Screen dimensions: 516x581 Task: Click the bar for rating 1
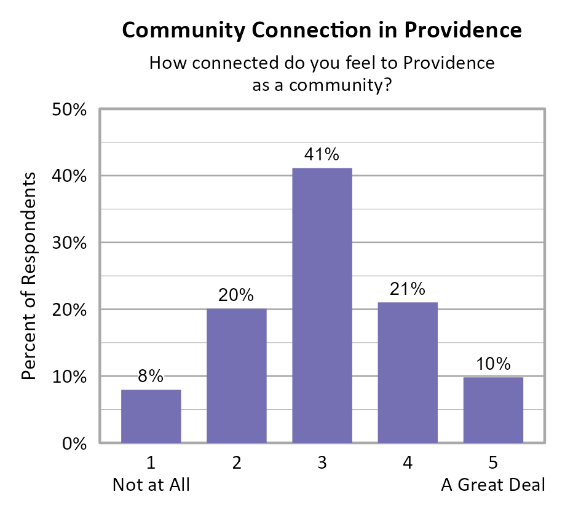[151, 416]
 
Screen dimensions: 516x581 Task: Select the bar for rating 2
[236, 375]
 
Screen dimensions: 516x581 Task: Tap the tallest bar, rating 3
[322, 305]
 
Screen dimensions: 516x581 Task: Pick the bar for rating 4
[408, 372]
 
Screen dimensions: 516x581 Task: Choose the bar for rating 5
[493, 410]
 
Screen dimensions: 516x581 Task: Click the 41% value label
[322, 155]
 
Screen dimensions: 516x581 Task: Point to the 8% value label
[151, 376]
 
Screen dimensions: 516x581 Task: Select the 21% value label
[408, 289]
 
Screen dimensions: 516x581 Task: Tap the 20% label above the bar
[236, 295]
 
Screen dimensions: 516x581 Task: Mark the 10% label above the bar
[493, 364]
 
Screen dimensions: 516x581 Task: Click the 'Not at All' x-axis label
[151, 485]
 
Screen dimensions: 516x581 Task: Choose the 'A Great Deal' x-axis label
[493, 485]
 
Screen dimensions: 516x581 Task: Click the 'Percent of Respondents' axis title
[30, 276]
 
